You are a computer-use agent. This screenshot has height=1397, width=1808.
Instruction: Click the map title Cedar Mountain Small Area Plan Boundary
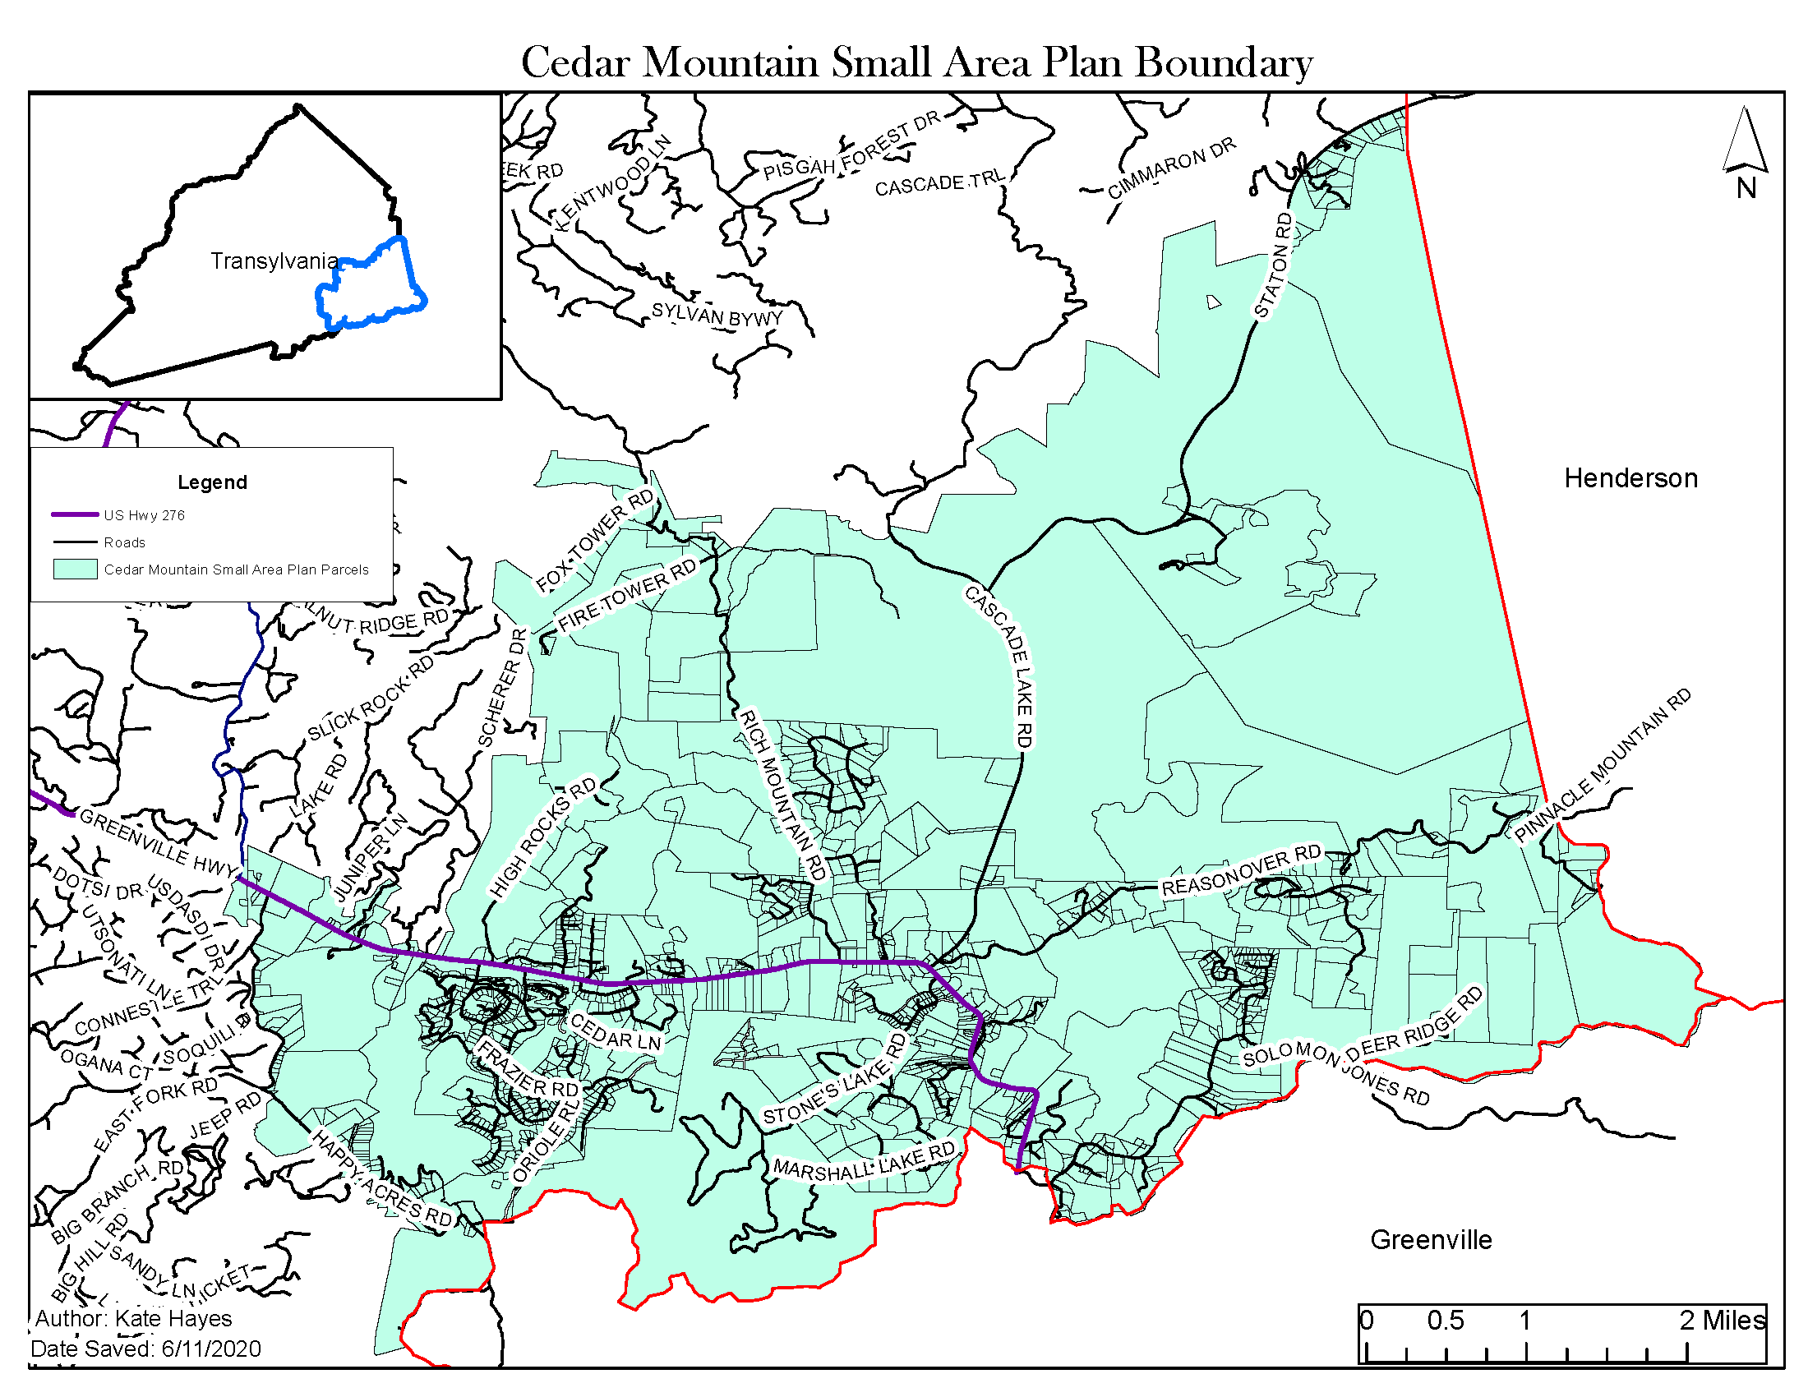click(916, 63)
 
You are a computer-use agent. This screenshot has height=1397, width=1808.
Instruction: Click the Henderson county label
click(1629, 478)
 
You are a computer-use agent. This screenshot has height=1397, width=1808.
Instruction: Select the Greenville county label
click(1431, 1240)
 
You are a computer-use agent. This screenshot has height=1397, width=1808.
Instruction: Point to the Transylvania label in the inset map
click(273, 261)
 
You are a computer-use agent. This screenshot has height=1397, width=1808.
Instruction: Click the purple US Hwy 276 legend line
click(76, 514)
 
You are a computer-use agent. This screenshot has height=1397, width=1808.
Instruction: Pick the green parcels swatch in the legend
click(76, 569)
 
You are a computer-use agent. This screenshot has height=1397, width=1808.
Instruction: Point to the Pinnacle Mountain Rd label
click(1602, 767)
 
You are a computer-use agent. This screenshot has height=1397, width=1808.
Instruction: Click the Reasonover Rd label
click(1241, 870)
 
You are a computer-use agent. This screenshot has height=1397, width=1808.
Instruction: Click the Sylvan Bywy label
click(717, 316)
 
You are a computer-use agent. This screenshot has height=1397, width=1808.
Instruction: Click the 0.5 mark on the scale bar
click(1445, 1319)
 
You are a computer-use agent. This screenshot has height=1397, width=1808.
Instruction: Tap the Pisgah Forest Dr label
click(852, 146)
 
